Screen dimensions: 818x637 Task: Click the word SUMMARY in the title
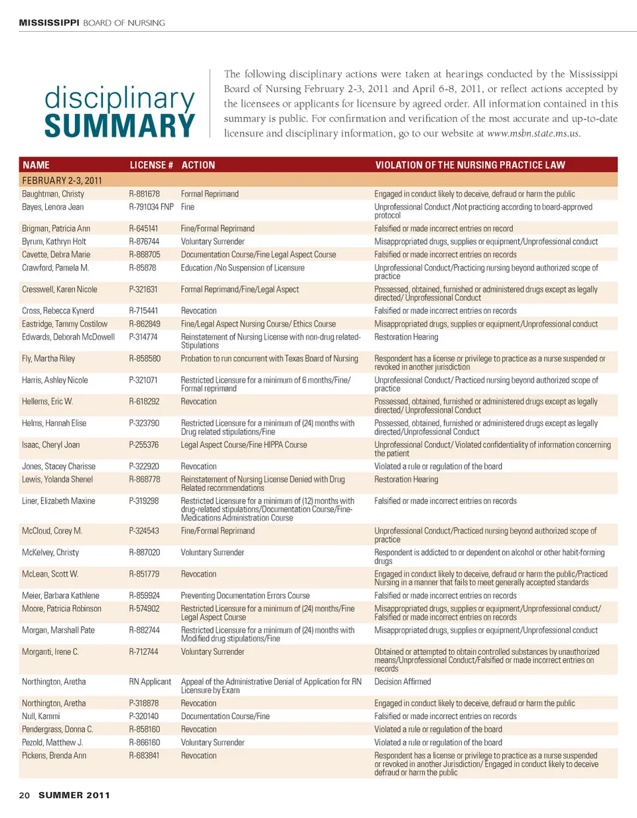click(x=119, y=126)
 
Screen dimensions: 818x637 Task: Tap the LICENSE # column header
click(x=151, y=165)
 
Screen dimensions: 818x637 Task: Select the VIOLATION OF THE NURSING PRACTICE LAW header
click(x=470, y=165)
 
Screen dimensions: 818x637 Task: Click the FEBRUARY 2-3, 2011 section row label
click(x=62, y=180)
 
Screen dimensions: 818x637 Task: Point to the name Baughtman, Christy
click(x=53, y=194)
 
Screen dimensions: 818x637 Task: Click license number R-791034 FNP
click(x=151, y=207)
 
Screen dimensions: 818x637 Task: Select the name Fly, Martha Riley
click(x=48, y=359)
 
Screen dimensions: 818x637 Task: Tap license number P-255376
click(x=144, y=445)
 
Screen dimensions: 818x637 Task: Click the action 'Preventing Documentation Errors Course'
click(x=245, y=596)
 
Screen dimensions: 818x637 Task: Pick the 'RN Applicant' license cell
click(x=150, y=682)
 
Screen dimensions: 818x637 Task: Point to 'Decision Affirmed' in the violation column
click(x=402, y=682)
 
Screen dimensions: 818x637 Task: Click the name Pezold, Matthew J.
click(x=52, y=743)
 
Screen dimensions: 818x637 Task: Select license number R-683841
click(x=144, y=756)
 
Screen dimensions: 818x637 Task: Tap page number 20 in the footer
click(x=25, y=795)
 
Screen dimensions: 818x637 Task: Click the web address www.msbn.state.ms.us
click(x=533, y=133)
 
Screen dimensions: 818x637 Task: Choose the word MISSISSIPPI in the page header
click(x=49, y=23)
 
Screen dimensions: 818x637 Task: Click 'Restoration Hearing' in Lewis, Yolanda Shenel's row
click(x=406, y=480)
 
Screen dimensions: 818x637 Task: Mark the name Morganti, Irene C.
click(x=50, y=652)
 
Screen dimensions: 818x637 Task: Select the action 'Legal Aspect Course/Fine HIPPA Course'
click(x=244, y=445)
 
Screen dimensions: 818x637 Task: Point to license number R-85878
click(x=143, y=268)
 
